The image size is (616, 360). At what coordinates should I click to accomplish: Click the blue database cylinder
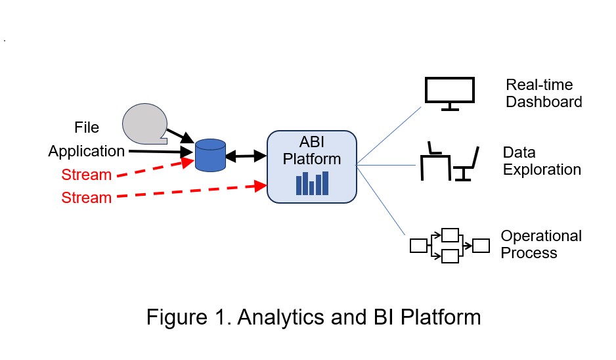pyautogui.click(x=211, y=155)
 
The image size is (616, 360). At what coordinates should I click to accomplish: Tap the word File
pyautogui.click(x=87, y=126)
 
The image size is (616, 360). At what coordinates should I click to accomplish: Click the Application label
pyautogui.click(x=86, y=151)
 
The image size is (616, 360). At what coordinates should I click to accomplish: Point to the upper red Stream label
pyautogui.click(x=86, y=175)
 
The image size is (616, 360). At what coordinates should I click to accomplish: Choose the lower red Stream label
pyautogui.click(x=86, y=197)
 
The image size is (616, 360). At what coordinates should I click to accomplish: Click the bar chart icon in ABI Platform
pyautogui.click(x=312, y=183)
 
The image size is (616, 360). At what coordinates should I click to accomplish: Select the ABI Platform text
pyautogui.click(x=312, y=150)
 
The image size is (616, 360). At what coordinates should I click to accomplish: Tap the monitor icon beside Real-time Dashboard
pyautogui.click(x=449, y=93)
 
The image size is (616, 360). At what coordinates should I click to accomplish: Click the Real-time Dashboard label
pyautogui.click(x=543, y=93)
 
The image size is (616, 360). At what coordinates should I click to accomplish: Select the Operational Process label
pyautogui.click(x=540, y=244)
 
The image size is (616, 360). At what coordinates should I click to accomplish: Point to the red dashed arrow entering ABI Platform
pyautogui.click(x=190, y=192)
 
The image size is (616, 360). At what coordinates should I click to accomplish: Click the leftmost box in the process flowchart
pyautogui.click(x=418, y=246)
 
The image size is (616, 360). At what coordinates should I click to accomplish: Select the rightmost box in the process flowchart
pyautogui.click(x=481, y=245)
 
